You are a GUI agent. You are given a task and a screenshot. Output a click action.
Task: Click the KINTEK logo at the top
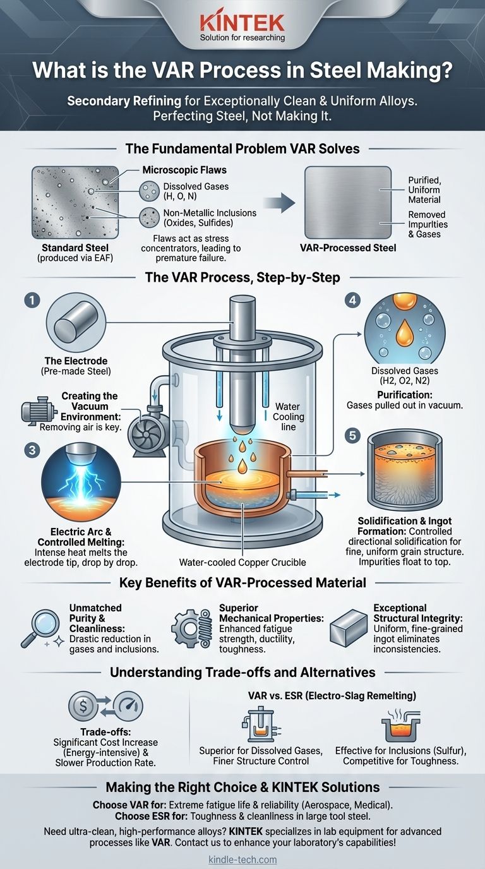pyautogui.click(x=242, y=27)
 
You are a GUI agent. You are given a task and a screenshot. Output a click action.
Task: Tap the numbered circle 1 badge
pyautogui.click(x=32, y=300)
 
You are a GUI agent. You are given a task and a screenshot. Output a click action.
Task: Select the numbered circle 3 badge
pyautogui.click(x=32, y=450)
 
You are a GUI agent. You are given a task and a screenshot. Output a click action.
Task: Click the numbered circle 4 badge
pyautogui.click(x=352, y=300)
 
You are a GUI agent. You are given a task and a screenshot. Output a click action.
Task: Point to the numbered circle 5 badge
pyautogui.click(x=352, y=435)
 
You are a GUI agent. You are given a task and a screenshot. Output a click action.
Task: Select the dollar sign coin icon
pyautogui.click(x=83, y=706)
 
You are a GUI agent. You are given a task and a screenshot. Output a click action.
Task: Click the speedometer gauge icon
pyautogui.click(x=128, y=706)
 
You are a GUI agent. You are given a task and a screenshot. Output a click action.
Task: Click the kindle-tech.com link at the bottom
pyautogui.click(x=242, y=860)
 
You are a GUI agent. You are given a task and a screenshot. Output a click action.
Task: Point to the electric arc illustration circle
pyautogui.click(x=81, y=483)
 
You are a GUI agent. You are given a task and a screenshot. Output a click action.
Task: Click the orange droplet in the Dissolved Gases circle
pyautogui.click(x=404, y=333)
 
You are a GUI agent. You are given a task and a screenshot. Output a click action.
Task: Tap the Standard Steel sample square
pyautogui.click(x=75, y=202)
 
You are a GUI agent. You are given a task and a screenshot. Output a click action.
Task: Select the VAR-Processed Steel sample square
pyautogui.click(x=348, y=202)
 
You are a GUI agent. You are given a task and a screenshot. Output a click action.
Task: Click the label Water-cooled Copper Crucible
pyautogui.click(x=242, y=562)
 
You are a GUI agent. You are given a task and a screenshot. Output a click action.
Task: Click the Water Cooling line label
pyautogui.click(x=288, y=417)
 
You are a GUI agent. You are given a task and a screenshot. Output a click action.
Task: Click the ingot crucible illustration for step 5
pyautogui.click(x=405, y=470)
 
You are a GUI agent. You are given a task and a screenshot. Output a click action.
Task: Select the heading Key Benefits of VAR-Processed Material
pyautogui.click(x=242, y=583)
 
